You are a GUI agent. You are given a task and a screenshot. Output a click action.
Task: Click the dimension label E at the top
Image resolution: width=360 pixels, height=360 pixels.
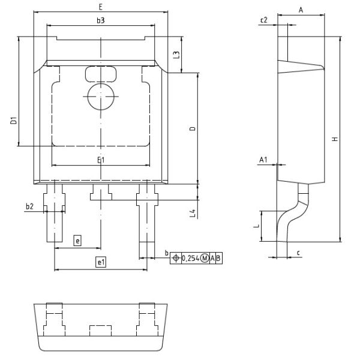[x=101, y=7]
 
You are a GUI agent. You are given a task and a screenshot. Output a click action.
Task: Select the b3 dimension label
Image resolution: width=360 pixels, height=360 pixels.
[x=101, y=20]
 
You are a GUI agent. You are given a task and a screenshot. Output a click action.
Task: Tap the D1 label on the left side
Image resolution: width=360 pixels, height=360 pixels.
[x=14, y=121]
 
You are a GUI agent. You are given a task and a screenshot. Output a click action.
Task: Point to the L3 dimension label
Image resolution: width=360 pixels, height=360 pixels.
[x=176, y=55]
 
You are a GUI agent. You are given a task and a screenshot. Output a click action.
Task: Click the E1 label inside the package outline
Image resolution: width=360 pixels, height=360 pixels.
[x=101, y=160]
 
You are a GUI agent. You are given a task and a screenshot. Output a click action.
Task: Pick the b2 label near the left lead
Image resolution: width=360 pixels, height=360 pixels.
[x=29, y=206]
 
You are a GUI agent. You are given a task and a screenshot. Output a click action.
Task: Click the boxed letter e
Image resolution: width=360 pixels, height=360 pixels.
[x=77, y=241]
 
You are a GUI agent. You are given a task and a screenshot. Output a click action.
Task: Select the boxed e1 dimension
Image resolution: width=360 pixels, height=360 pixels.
[x=101, y=262]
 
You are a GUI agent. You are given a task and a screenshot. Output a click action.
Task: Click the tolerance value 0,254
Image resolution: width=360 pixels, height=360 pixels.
[x=191, y=258]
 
